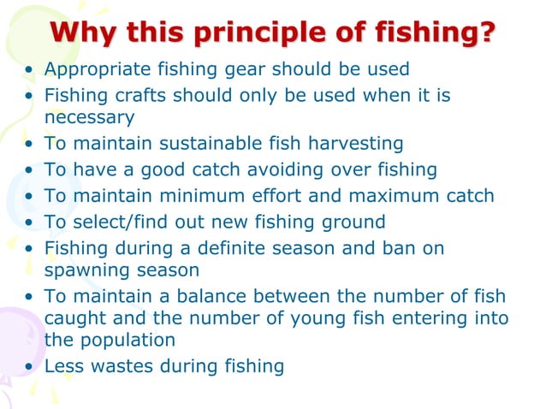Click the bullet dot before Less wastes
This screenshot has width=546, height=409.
pos(31,367)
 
